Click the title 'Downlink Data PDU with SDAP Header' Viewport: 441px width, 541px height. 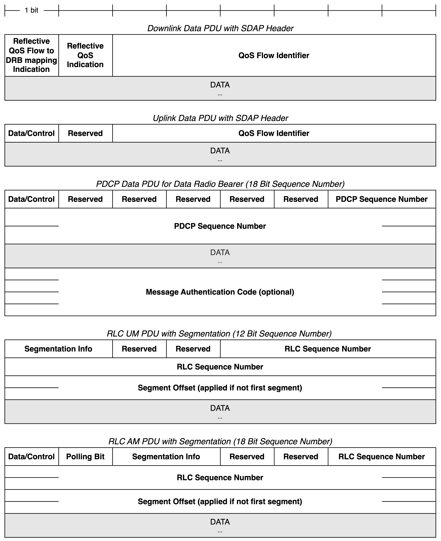coord(220,28)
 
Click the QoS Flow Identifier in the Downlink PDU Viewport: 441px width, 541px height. coord(274,55)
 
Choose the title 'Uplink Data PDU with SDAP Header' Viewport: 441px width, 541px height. coord(220,118)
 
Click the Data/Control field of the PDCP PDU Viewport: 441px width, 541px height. coord(32,199)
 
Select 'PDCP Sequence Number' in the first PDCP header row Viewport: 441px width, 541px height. coord(382,199)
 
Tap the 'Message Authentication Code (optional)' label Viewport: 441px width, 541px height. coord(220,292)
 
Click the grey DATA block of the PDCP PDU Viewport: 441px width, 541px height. coord(220,256)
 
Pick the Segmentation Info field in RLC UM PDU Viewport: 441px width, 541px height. coord(58,349)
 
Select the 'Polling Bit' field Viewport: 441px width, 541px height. coord(85,456)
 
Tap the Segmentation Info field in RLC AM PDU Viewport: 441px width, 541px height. coord(166,456)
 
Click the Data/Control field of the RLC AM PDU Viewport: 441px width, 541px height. coord(32,456)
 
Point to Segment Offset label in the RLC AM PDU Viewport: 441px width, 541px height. coord(220,501)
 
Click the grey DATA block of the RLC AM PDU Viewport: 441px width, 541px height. coord(220,525)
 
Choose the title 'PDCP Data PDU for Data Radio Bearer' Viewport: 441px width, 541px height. coord(220,184)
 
